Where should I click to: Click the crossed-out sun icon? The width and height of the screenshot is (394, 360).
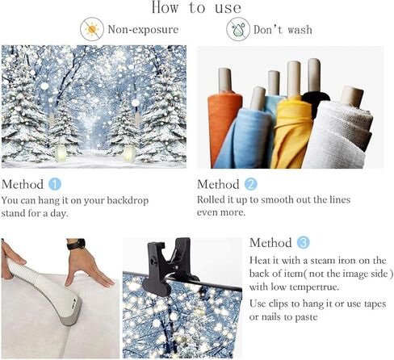coord(92,29)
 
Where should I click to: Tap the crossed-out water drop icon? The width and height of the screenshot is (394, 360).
coord(238,29)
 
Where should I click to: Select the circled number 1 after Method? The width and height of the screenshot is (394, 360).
coord(55,184)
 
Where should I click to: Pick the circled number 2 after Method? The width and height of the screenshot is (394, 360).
coord(251,184)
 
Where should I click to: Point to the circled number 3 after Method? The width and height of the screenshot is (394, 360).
coord(304,242)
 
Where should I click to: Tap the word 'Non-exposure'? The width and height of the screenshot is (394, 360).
coord(143,29)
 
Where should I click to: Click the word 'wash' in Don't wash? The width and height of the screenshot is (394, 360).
coord(300,30)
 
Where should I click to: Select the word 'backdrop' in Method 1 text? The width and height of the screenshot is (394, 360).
coord(128,201)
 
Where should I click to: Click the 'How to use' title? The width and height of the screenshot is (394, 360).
coord(196,7)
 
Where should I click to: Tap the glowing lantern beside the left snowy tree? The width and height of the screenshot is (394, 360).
coord(61,153)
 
